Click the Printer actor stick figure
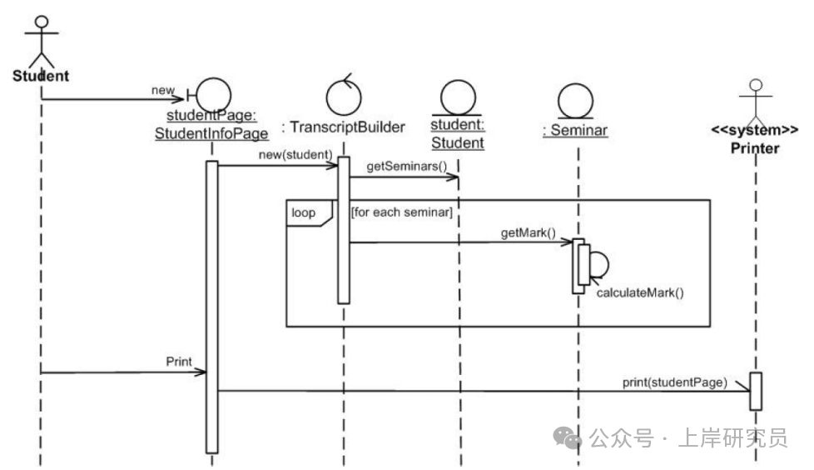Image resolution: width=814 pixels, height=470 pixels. (755, 100)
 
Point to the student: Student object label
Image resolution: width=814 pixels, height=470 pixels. (457, 134)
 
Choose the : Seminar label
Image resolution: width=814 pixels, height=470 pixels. (574, 130)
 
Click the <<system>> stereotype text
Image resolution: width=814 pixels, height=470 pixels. (755, 131)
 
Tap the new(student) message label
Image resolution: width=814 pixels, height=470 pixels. (301, 153)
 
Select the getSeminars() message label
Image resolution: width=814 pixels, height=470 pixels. (400, 166)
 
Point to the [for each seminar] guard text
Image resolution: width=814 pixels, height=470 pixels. (401, 212)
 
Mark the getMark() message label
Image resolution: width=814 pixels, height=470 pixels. (529, 232)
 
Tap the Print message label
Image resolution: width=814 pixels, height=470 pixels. (179, 362)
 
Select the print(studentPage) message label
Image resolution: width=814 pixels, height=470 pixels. (674, 382)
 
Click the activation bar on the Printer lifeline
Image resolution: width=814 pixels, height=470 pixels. (756, 391)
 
